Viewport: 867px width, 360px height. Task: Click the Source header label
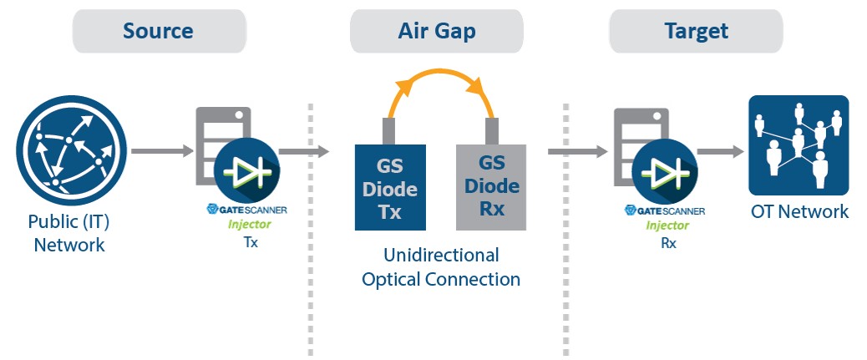click(x=158, y=31)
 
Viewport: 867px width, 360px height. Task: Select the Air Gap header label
click(x=436, y=31)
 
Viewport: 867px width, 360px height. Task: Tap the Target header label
click(x=696, y=31)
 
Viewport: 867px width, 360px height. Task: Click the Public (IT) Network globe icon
click(x=71, y=151)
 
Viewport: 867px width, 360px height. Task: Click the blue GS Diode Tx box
click(x=390, y=187)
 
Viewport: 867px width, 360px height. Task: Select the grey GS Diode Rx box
click(x=491, y=187)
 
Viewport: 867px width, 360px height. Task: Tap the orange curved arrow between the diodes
click(x=441, y=72)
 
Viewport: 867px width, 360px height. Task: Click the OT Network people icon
click(x=799, y=145)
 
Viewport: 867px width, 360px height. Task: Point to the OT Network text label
click(x=799, y=211)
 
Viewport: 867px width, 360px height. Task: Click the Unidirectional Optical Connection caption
click(x=441, y=267)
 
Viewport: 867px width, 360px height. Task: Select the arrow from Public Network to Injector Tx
click(x=162, y=150)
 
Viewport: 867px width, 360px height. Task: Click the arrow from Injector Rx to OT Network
click(x=721, y=151)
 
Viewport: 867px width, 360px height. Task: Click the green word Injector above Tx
click(x=250, y=225)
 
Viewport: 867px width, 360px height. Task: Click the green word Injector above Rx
click(x=667, y=225)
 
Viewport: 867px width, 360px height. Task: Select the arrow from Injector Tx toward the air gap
click(x=304, y=151)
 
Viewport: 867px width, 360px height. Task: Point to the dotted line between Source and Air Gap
click(x=310, y=230)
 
